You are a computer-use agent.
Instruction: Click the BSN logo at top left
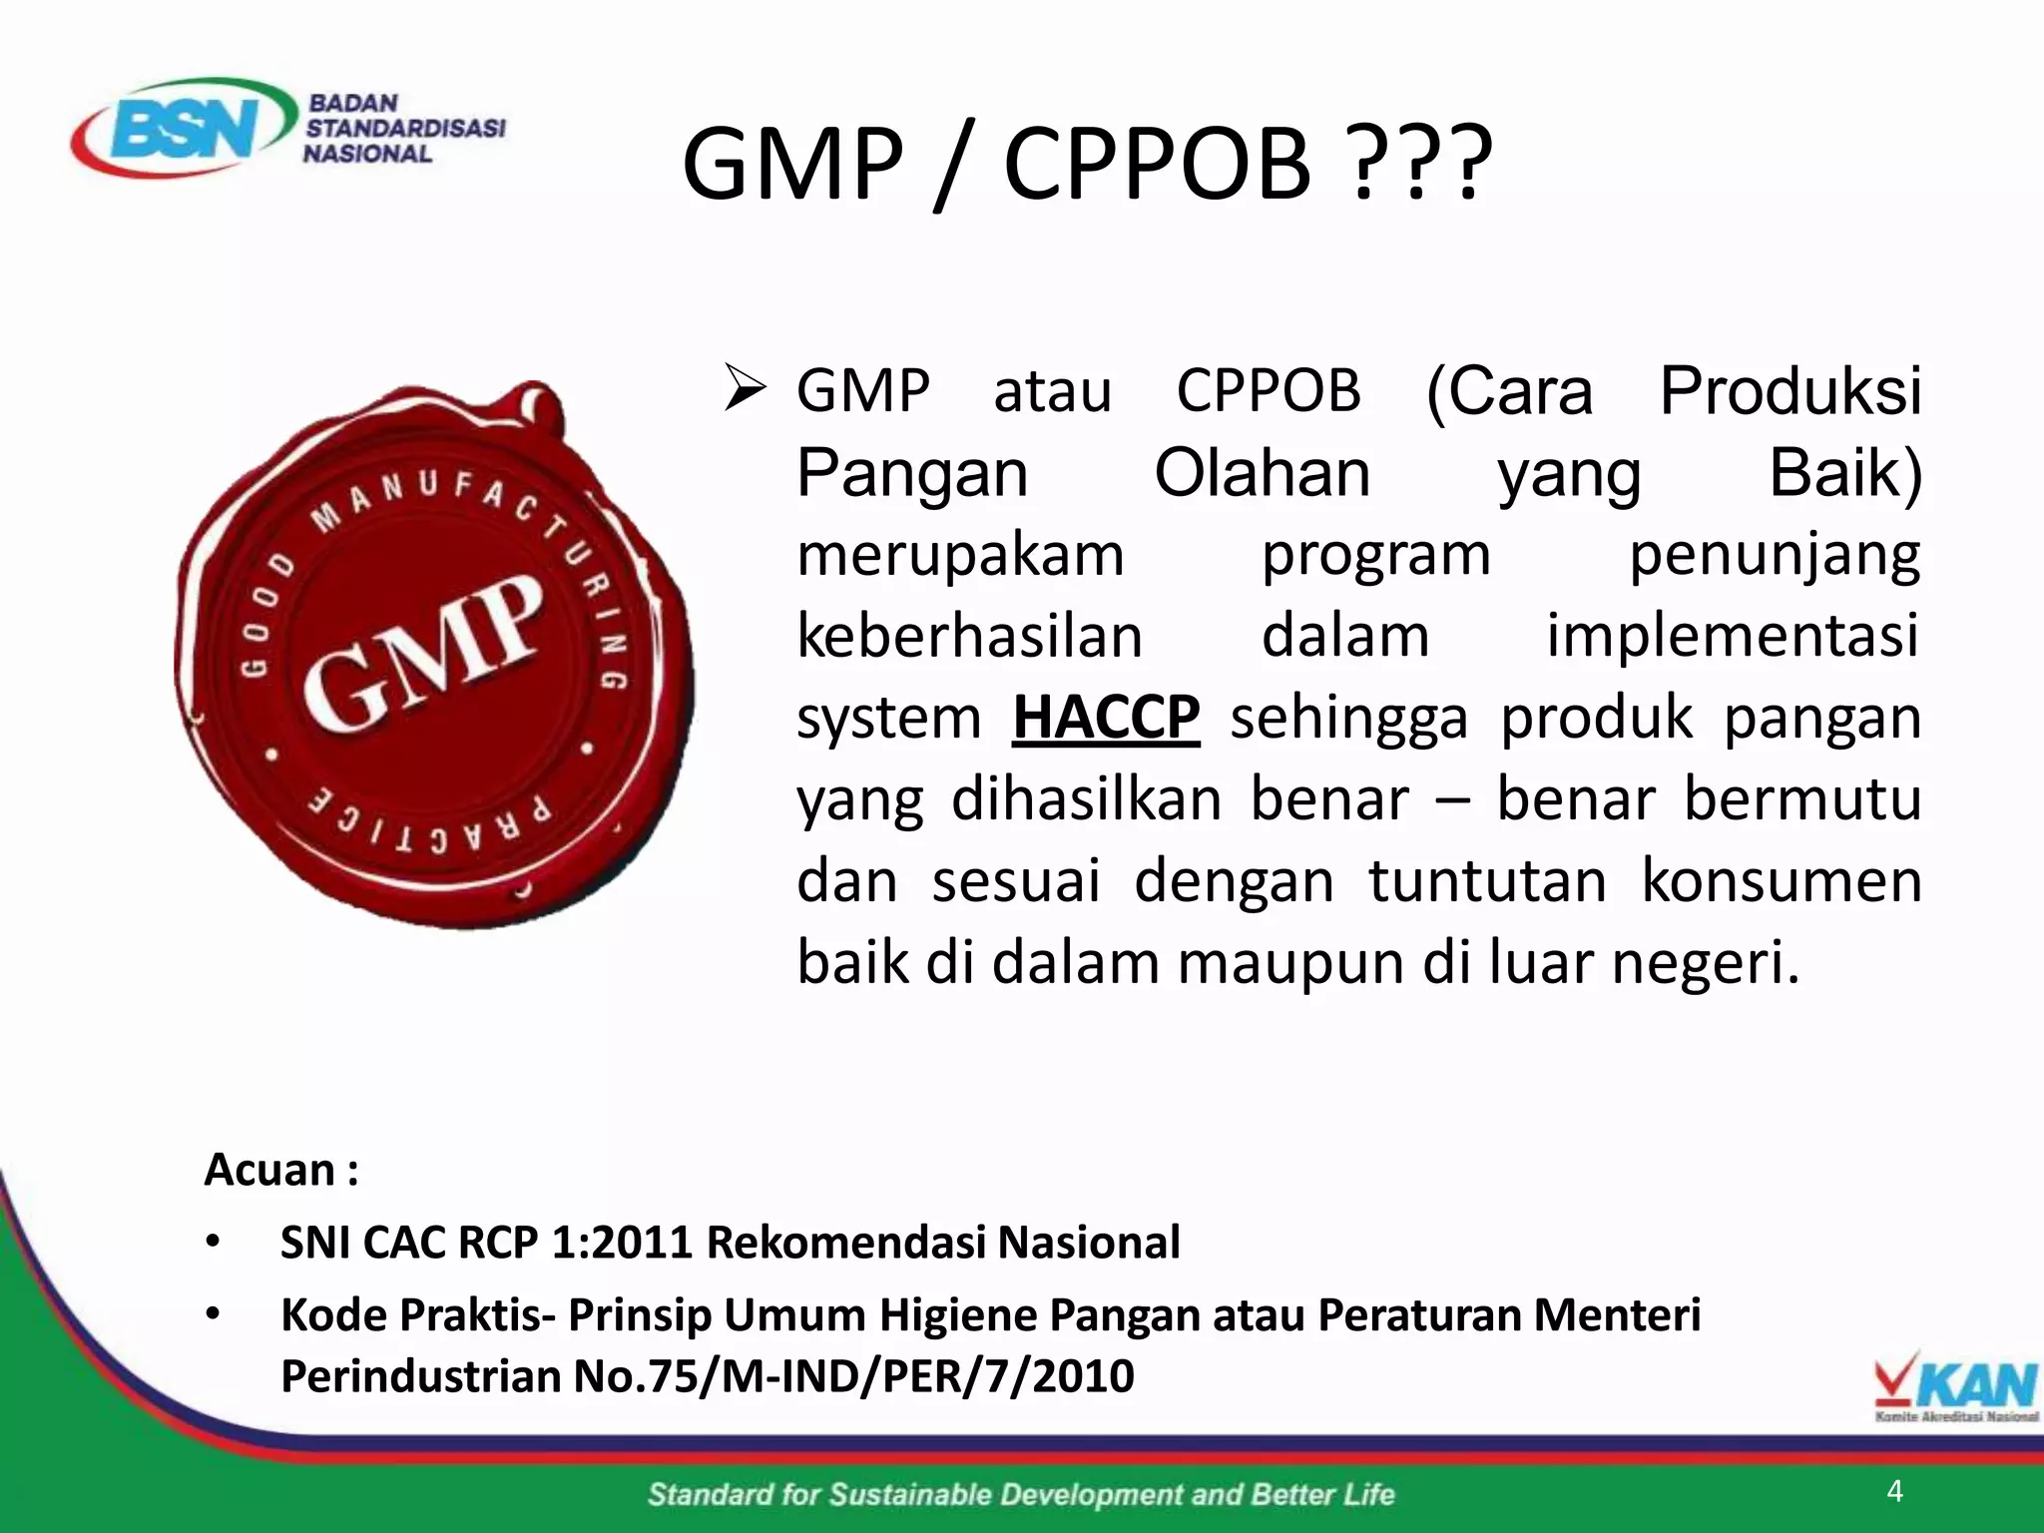click(x=185, y=127)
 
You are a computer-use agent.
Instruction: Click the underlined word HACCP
click(x=1105, y=718)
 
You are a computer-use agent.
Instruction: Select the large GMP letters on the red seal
click(x=424, y=653)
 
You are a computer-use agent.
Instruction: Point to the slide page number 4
click(x=1895, y=1491)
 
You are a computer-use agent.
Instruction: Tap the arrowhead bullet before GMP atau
click(x=745, y=390)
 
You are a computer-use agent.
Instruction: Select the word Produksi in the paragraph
click(x=1789, y=390)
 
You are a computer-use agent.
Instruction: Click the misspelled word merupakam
click(x=959, y=555)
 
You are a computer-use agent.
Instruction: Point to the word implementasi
click(x=1732, y=636)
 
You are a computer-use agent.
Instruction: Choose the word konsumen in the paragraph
click(x=1781, y=881)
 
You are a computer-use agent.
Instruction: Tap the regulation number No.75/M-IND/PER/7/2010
click(x=853, y=1376)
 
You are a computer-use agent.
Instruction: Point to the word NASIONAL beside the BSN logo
click(x=367, y=154)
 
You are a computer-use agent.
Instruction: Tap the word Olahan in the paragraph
click(x=1262, y=472)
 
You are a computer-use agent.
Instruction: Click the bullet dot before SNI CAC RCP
click(x=213, y=1244)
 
